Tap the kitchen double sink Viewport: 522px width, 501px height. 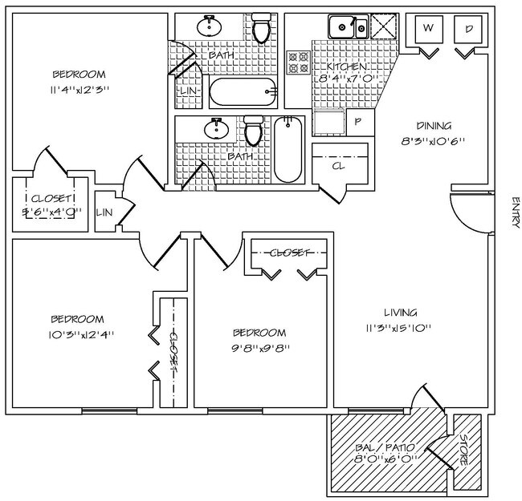point(348,27)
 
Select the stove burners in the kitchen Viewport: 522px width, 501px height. point(299,63)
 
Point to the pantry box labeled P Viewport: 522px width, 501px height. point(357,122)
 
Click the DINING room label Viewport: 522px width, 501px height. point(434,126)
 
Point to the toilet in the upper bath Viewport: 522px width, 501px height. point(261,29)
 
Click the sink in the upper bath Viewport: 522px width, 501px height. point(210,26)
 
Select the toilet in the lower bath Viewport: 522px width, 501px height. point(254,131)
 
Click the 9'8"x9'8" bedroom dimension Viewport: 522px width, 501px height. point(260,348)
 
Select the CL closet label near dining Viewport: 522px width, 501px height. point(339,166)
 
